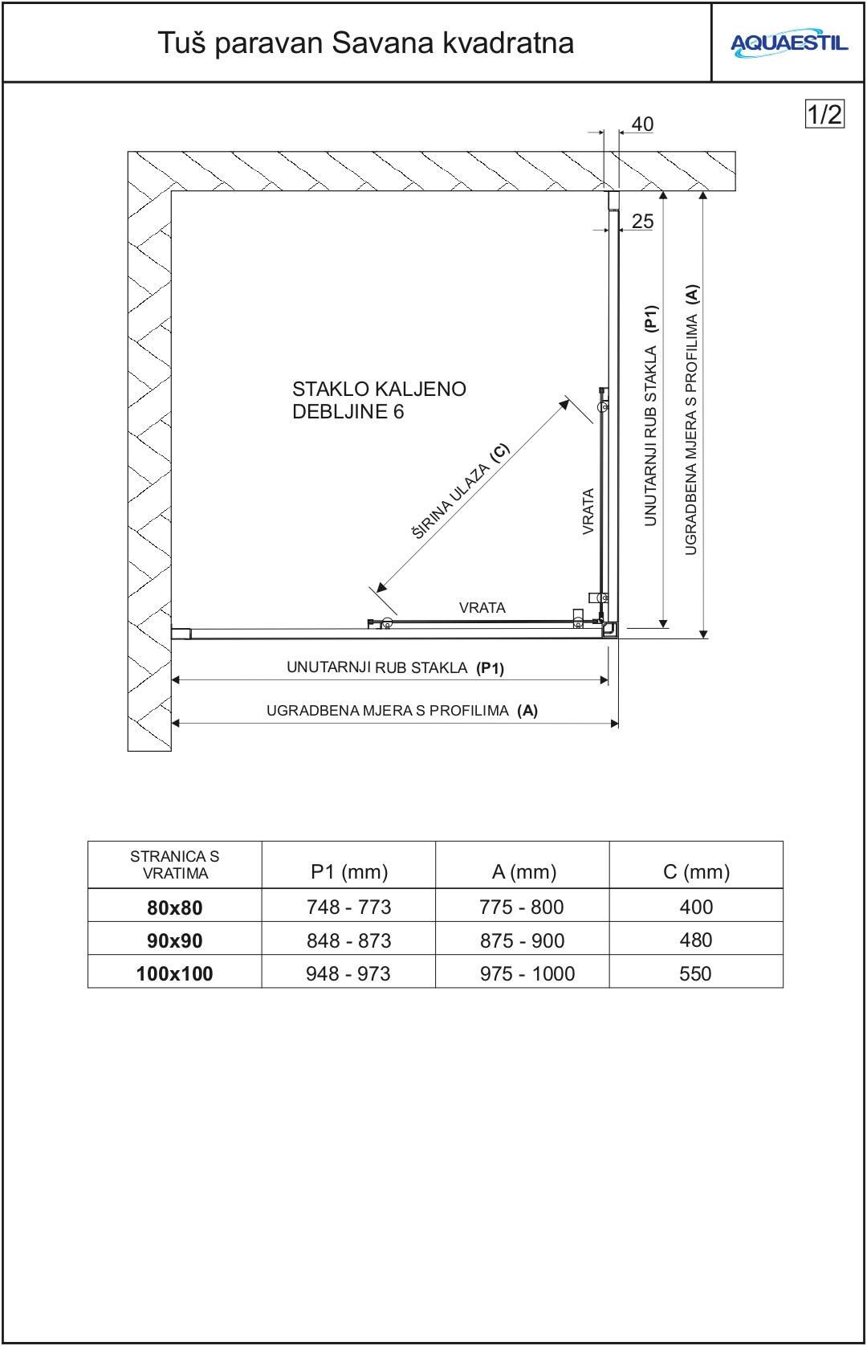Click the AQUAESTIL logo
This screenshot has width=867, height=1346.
[x=788, y=43]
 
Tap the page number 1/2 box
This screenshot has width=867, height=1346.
[x=824, y=114]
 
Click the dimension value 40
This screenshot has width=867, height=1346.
[x=642, y=124]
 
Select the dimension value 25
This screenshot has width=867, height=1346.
[x=642, y=222]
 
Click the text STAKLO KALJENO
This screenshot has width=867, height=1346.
[x=379, y=390]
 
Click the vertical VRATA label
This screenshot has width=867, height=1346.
[x=588, y=512]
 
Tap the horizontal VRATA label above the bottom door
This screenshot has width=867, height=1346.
[x=482, y=608]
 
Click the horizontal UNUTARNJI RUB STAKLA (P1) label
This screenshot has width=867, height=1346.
[x=395, y=668]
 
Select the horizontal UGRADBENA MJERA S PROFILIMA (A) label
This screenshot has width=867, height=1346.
[x=401, y=711]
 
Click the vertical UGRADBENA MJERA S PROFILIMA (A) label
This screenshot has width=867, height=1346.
[x=691, y=419]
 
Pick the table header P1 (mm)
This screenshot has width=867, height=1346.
[x=349, y=871]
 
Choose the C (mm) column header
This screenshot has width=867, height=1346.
[x=696, y=871]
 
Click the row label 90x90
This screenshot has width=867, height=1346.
[x=174, y=940]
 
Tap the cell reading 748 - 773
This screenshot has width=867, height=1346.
[x=348, y=907]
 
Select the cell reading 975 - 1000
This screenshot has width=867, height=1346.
[x=527, y=973]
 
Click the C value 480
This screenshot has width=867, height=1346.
[x=695, y=940]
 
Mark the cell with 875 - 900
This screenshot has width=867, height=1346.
[x=522, y=940]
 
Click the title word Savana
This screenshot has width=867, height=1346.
[x=383, y=43]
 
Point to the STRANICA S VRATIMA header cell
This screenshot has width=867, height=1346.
[x=174, y=865]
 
